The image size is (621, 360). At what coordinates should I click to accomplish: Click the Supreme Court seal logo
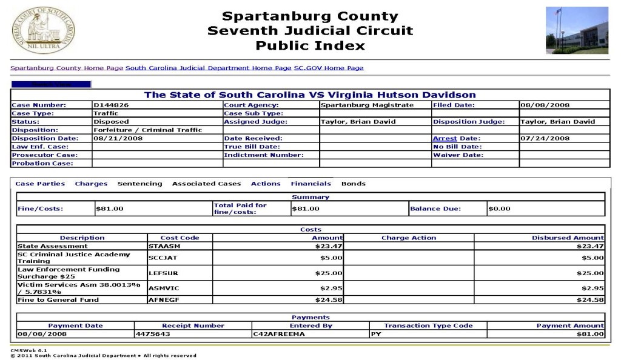(x=43, y=30)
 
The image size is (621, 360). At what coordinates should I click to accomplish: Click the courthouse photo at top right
(x=576, y=30)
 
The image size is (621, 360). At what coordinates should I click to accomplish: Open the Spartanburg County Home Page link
(x=67, y=68)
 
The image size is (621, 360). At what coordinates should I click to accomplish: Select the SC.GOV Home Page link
(x=329, y=68)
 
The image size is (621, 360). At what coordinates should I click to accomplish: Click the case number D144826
(x=111, y=105)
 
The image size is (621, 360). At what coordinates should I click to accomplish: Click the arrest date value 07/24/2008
(x=545, y=138)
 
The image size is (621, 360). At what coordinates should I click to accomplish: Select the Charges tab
(x=91, y=184)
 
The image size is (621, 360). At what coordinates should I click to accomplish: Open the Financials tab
(x=310, y=184)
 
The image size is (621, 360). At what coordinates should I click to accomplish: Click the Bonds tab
(x=353, y=184)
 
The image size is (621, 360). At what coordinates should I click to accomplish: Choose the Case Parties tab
(x=40, y=184)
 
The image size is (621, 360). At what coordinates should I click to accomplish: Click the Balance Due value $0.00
(x=500, y=208)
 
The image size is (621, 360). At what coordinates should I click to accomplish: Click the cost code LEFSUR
(x=160, y=273)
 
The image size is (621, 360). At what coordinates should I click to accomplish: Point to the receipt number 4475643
(x=153, y=334)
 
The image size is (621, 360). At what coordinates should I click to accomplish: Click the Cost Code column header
(x=180, y=238)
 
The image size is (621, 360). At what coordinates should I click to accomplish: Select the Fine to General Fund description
(x=58, y=299)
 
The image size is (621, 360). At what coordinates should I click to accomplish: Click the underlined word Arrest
(x=445, y=138)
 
